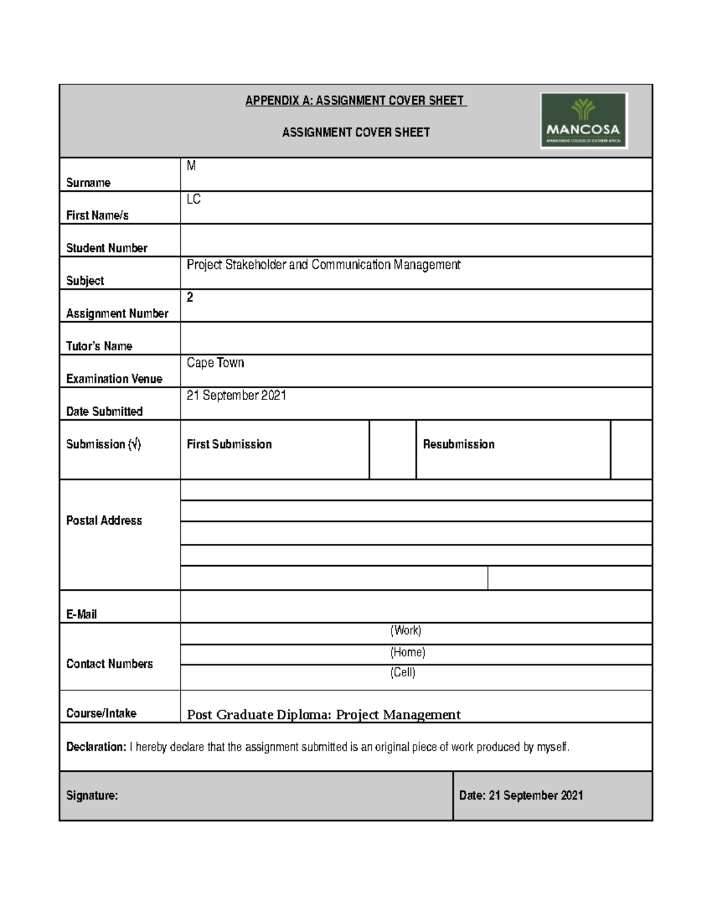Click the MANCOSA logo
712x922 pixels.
(583, 121)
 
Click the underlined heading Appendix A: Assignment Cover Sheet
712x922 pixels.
(356, 100)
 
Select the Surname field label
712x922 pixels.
(88, 183)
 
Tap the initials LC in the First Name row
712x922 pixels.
(193, 199)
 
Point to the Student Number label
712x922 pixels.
(107, 248)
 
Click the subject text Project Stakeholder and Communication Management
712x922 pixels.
(323, 265)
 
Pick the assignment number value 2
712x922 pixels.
(190, 297)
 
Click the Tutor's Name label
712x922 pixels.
(99, 346)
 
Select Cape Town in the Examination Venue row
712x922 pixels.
(215, 363)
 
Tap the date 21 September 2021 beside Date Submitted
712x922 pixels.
(236, 395)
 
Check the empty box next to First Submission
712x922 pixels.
(392, 449)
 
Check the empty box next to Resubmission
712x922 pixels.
(631, 449)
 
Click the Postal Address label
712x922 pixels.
(104, 521)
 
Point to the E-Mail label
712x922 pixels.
(81, 614)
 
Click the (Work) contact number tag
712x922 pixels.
(405, 630)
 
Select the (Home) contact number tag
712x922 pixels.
(408, 652)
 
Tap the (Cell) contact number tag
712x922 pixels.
(402, 673)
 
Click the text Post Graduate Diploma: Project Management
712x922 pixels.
(323, 715)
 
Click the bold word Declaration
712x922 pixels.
(96, 747)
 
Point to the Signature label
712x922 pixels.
(92, 796)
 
